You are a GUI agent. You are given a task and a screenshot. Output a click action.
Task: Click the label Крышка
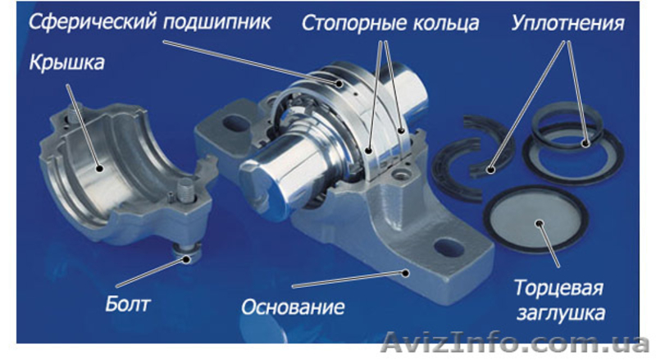point(66,63)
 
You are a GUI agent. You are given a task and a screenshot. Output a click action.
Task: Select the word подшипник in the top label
point(217,22)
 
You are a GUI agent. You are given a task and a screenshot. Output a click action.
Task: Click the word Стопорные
point(354,24)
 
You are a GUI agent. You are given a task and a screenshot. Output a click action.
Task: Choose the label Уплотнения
point(567,24)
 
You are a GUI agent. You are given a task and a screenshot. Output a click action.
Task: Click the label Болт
point(127,303)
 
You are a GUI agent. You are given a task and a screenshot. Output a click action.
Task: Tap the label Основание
point(293,307)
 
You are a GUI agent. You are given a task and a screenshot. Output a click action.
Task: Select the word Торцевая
point(558,289)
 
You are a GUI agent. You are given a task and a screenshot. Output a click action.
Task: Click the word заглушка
point(561,312)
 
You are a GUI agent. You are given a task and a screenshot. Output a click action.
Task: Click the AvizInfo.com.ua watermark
point(516,343)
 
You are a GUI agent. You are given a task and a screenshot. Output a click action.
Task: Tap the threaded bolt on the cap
point(184,190)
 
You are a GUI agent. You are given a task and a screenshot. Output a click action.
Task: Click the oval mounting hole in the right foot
point(449,248)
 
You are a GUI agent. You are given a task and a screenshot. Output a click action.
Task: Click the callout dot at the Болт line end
point(186,259)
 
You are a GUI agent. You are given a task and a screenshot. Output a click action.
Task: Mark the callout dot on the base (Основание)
point(405,273)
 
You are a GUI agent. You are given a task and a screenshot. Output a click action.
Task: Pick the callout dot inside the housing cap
point(99,169)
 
